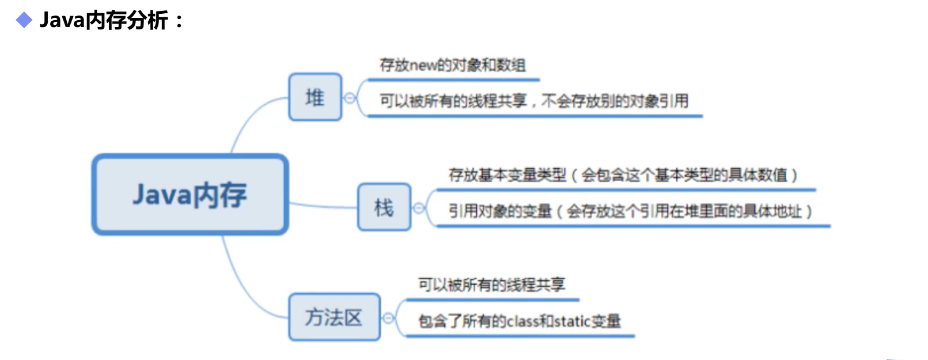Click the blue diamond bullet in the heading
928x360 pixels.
tap(24, 21)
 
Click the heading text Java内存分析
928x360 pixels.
tap(104, 21)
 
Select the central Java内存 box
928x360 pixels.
tap(190, 195)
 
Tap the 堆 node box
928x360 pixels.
tap(315, 97)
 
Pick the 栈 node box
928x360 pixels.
tap(384, 207)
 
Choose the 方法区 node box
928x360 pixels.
tap(334, 317)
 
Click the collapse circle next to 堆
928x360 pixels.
tap(350, 98)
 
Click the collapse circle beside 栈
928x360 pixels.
tap(419, 208)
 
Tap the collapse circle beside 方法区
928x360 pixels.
tap(388, 318)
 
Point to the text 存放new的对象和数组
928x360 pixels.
tap(452, 65)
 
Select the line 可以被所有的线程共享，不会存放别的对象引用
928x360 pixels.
tap(533, 101)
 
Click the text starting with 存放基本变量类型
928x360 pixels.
tap(623, 175)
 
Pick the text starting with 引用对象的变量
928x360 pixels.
tap(630, 211)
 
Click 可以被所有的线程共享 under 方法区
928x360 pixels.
tap(491, 285)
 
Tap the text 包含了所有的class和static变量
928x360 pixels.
tap(519, 321)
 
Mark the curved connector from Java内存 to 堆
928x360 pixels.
tap(248, 118)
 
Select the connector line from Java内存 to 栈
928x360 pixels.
tap(323, 206)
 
